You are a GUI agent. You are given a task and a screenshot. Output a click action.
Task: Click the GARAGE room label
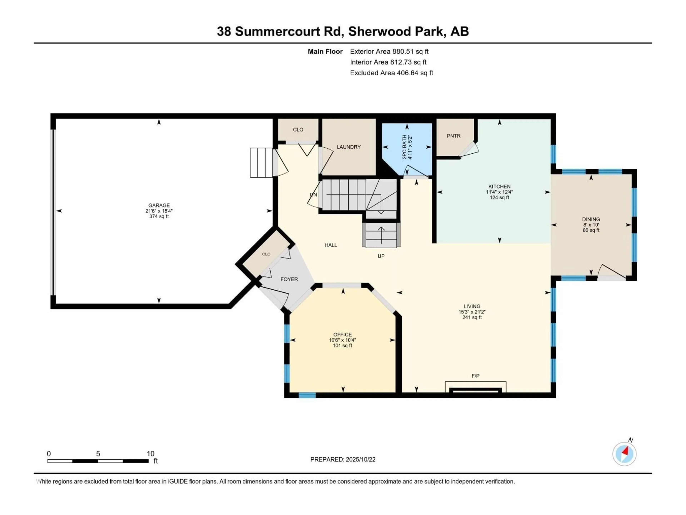pyautogui.click(x=159, y=205)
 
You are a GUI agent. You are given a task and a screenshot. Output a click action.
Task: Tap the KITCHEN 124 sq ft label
pyautogui.click(x=499, y=197)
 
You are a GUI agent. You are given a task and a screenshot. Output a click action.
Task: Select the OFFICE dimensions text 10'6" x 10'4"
pyautogui.click(x=342, y=340)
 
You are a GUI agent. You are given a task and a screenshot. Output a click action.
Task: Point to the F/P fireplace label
pyautogui.click(x=475, y=376)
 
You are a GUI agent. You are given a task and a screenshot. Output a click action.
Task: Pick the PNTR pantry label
pyautogui.click(x=453, y=136)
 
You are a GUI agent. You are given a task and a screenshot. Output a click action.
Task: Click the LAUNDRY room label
pyautogui.click(x=349, y=147)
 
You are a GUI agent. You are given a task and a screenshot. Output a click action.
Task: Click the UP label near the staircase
pyautogui.click(x=381, y=256)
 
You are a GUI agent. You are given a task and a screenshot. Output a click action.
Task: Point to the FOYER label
pyautogui.click(x=289, y=279)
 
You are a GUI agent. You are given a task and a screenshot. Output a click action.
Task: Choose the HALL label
pyautogui.click(x=331, y=245)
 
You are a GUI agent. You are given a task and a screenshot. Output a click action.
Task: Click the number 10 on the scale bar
pyautogui.click(x=150, y=453)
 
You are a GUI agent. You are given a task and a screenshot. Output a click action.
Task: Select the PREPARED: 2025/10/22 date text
pyautogui.click(x=343, y=459)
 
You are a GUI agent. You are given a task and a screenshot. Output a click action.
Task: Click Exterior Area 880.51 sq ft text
pyautogui.click(x=389, y=51)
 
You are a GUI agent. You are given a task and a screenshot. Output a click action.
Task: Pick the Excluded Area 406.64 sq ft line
pyautogui.click(x=391, y=73)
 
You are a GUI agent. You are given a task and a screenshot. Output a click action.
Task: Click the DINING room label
pyautogui.click(x=591, y=219)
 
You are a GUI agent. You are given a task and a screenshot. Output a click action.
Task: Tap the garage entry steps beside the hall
pyautogui.click(x=261, y=163)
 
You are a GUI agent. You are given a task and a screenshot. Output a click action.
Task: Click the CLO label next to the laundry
pyautogui.click(x=298, y=130)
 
